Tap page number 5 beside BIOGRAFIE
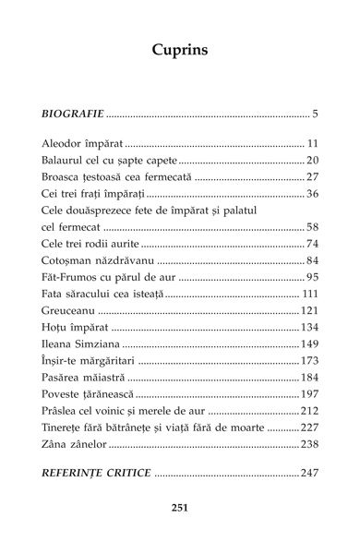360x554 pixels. click(315, 115)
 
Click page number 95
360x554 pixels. click(312, 278)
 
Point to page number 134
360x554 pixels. click(309, 328)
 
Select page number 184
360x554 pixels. click(309, 379)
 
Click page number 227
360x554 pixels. click(309, 429)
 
